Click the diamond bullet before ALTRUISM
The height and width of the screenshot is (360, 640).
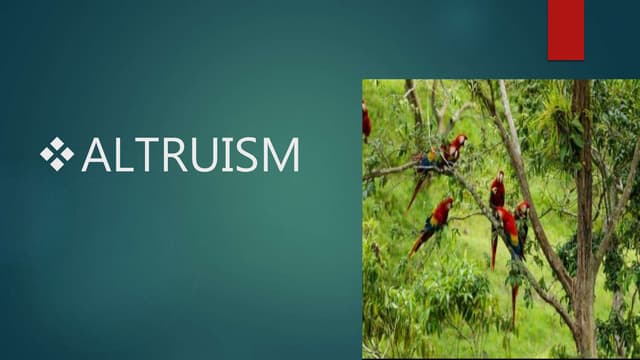click(57, 154)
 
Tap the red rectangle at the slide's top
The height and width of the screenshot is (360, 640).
click(565, 29)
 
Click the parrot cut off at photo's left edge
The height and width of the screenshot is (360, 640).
click(366, 122)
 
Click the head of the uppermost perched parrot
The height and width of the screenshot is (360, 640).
click(459, 142)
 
